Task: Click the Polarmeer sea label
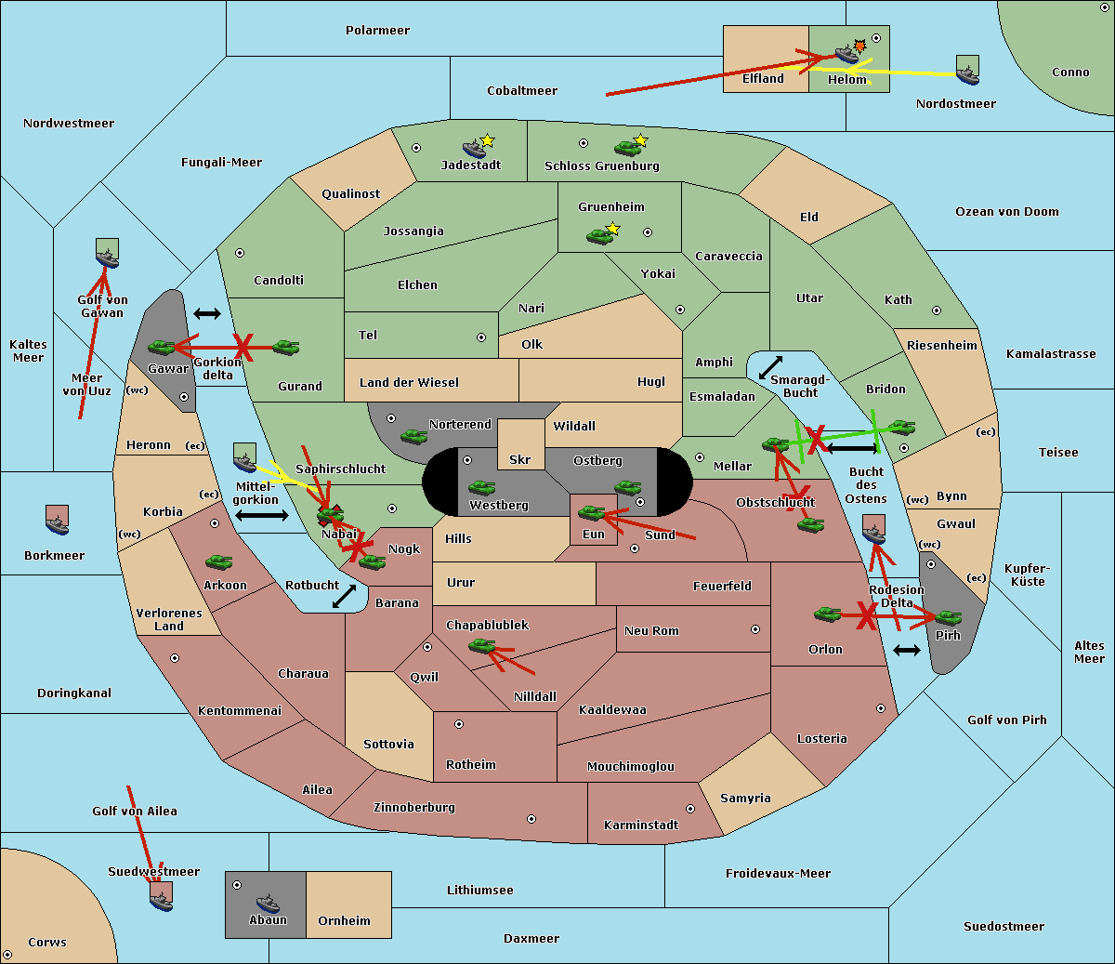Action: point(377,31)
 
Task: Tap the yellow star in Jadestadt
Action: point(487,141)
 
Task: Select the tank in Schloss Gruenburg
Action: point(627,148)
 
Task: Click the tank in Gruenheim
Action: point(599,236)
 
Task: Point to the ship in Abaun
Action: point(269,903)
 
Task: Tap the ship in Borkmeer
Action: point(58,524)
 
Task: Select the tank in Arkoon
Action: point(218,562)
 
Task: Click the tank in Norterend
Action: point(413,436)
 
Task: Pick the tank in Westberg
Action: point(481,487)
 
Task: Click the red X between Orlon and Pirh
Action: point(866,615)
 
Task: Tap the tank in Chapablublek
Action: point(481,645)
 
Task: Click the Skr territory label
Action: point(520,459)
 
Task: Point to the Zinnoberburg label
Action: point(414,808)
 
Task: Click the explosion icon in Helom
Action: point(859,46)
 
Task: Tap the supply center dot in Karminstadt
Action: point(690,809)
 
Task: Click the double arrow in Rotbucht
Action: point(344,597)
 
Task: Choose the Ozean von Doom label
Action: point(1006,212)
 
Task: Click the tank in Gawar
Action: point(162,347)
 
